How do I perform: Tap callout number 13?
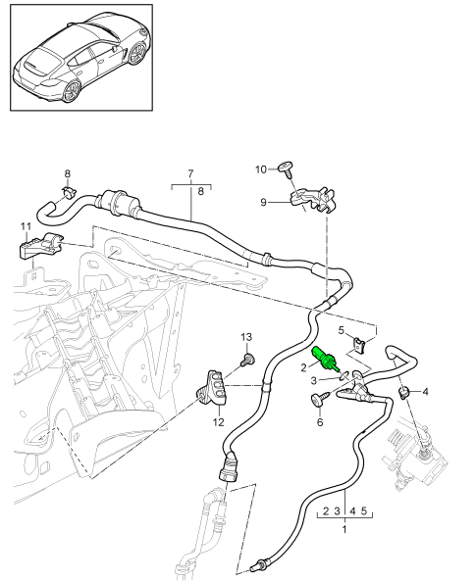[246, 336]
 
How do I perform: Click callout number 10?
[260, 170]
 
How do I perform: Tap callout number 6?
[319, 422]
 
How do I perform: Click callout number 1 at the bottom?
[343, 528]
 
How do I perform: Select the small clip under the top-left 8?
[68, 192]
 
